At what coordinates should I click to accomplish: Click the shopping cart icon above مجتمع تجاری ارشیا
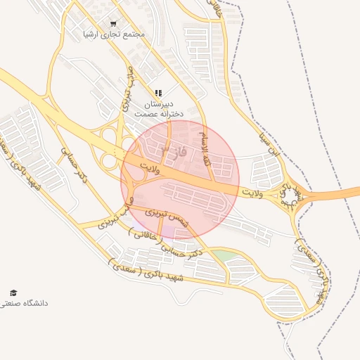114,23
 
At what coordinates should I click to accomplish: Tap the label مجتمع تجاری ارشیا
114,34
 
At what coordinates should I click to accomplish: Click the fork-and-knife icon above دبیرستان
158,93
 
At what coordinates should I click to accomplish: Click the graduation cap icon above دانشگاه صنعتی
13,292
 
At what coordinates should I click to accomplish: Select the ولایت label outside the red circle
251,192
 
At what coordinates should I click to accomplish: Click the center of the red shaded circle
180,179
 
